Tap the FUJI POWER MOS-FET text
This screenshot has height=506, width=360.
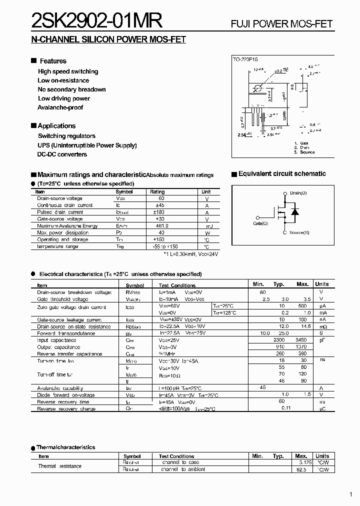[281, 24]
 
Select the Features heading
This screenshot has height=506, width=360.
[52, 61]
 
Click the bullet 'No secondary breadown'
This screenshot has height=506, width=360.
[71, 89]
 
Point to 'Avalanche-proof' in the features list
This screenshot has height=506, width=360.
[60, 107]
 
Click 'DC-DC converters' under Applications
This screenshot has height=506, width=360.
[62, 154]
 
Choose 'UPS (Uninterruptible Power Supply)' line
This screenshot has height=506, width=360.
[87, 145]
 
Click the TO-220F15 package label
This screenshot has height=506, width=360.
[245, 59]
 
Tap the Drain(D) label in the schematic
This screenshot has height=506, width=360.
[298, 193]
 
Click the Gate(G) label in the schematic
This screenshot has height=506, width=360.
[260, 223]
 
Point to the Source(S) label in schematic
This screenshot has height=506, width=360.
[299, 233]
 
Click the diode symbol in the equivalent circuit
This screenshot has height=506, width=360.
[295, 212]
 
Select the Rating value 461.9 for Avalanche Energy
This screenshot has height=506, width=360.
[157, 226]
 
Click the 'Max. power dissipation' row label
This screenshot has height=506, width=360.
[62, 233]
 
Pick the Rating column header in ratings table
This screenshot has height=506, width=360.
[157, 192]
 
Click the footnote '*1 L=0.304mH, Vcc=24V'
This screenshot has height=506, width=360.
[190, 254]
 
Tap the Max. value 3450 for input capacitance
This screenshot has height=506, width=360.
[302, 340]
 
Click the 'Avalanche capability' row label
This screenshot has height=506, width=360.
[60, 388]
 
